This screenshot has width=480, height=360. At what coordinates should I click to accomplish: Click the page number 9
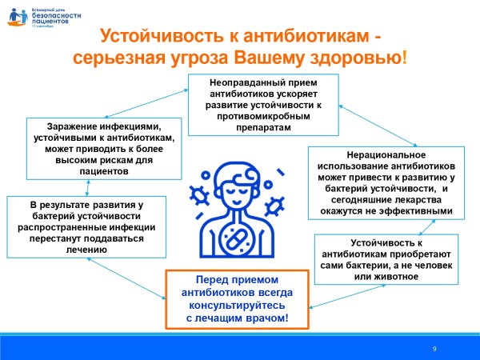click(x=434, y=349)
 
